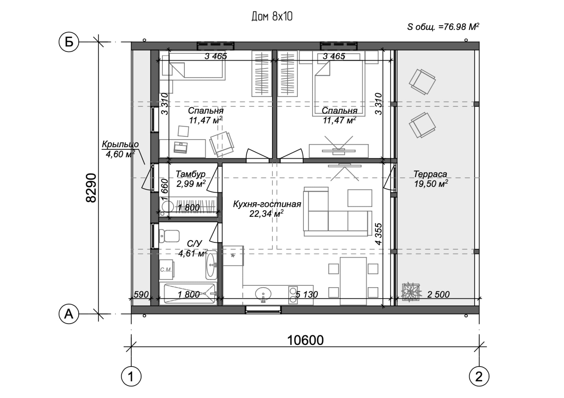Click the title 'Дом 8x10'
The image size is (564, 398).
(272, 17)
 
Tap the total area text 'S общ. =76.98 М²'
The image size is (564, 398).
(443, 27)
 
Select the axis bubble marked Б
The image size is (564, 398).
(69, 42)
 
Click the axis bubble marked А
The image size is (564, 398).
(69, 314)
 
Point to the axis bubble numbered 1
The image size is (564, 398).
(131, 376)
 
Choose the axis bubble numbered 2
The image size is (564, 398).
(479, 376)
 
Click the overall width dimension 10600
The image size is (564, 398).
(305, 340)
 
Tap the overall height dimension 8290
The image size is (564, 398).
(91, 188)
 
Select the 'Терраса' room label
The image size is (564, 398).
(430, 174)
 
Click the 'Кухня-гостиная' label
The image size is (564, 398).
(267, 204)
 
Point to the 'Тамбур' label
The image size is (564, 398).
(190, 174)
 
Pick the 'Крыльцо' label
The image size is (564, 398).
(120, 144)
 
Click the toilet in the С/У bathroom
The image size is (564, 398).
(169, 236)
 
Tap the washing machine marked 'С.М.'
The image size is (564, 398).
(166, 269)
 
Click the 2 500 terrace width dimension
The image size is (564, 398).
(438, 294)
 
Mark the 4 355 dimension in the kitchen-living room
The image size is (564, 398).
(378, 234)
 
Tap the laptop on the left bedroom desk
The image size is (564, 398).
(181, 147)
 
